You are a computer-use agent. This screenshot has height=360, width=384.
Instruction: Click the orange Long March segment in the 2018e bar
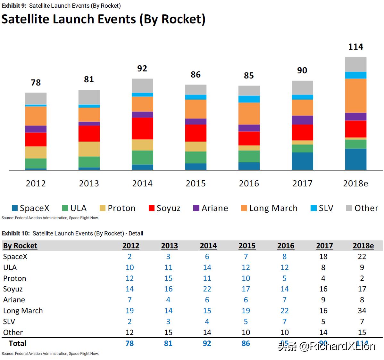coord(355,95)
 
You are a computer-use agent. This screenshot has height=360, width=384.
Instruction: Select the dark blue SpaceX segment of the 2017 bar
coord(302,161)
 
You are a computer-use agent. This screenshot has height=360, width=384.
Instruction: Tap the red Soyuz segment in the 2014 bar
coord(142,128)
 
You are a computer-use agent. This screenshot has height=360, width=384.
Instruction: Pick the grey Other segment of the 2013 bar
coord(89,97)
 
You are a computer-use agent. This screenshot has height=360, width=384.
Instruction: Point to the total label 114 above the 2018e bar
coord(355,47)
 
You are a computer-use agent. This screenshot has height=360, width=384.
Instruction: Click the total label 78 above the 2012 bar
coord(36,83)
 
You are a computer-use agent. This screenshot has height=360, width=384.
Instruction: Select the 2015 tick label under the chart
coord(196,184)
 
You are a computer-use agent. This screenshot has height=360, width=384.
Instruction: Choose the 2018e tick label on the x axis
coord(355,184)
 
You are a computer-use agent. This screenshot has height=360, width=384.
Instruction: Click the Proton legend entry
coord(118,208)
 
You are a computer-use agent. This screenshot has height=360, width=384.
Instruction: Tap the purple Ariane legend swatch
coord(196,208)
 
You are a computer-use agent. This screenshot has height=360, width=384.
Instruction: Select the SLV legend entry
coord(322,208)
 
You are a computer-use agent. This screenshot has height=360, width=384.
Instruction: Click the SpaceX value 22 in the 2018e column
coord(362,257)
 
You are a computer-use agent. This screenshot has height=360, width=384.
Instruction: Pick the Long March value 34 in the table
coord(362,311)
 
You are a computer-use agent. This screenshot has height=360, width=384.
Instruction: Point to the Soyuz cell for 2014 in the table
coord(207,289)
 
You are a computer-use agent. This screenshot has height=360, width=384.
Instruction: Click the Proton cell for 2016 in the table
coord(284,278)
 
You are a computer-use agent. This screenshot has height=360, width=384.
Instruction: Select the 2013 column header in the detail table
coord(169,246)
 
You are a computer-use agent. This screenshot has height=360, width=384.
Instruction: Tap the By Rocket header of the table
coord(20,246)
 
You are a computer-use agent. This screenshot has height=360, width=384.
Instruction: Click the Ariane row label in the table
coord(14,300)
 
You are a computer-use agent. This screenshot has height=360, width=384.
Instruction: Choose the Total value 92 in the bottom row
coord(207,343)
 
